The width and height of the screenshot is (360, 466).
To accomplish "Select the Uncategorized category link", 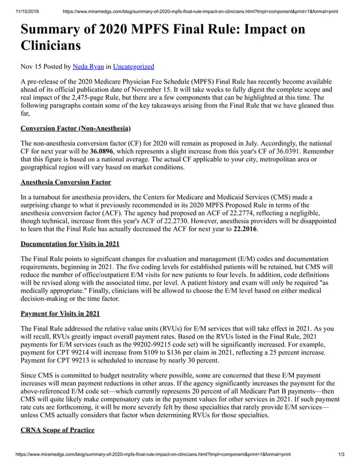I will click(x=133, y=67).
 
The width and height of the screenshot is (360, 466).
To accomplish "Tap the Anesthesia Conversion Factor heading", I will click(x=65, y=182).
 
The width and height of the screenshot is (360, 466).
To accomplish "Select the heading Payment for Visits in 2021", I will click(x=60, y=313).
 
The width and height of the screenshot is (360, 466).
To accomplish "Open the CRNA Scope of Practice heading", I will click(x=57, y=430).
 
